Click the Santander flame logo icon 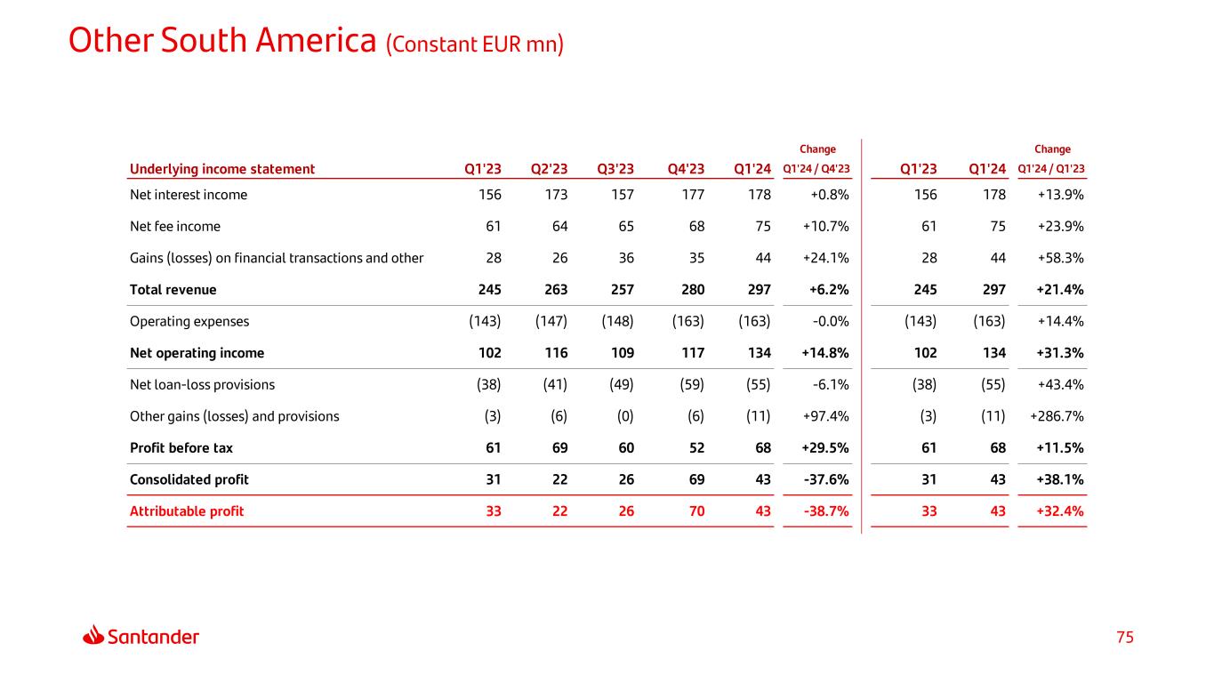[93, 635]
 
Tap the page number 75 [1125, 638]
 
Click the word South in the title [204, 41]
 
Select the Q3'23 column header [615, 169]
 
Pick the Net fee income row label [175, 226]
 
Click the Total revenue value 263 [556, 289]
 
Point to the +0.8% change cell [830, 195]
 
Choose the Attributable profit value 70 [696, 511]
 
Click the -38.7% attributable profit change [826, 511]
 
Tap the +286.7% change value [1057, 416]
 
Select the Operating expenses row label [189, 321]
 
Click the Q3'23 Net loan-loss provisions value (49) [622, 385]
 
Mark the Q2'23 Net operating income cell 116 [556, 353]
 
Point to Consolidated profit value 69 [696, 479]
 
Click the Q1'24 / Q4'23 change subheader [816, 169]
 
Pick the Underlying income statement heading [222, 169]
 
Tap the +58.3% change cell [1061, 258]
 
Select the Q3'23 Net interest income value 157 [623, 195]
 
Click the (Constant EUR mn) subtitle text [475, 44]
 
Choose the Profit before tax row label [181, 447]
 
